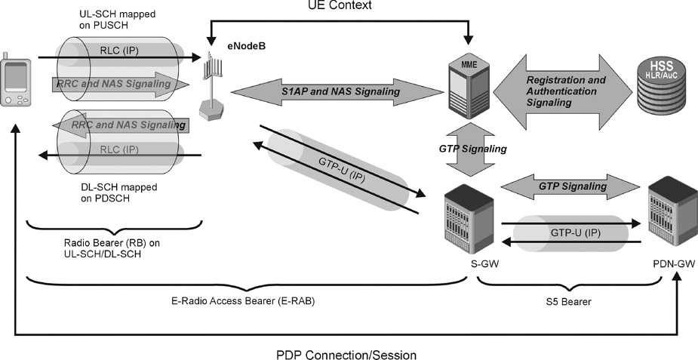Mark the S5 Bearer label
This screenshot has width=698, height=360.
pyautogui.click(x=568, y=300)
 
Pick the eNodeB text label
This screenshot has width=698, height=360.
pyautogui.click(x=246, y=46)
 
